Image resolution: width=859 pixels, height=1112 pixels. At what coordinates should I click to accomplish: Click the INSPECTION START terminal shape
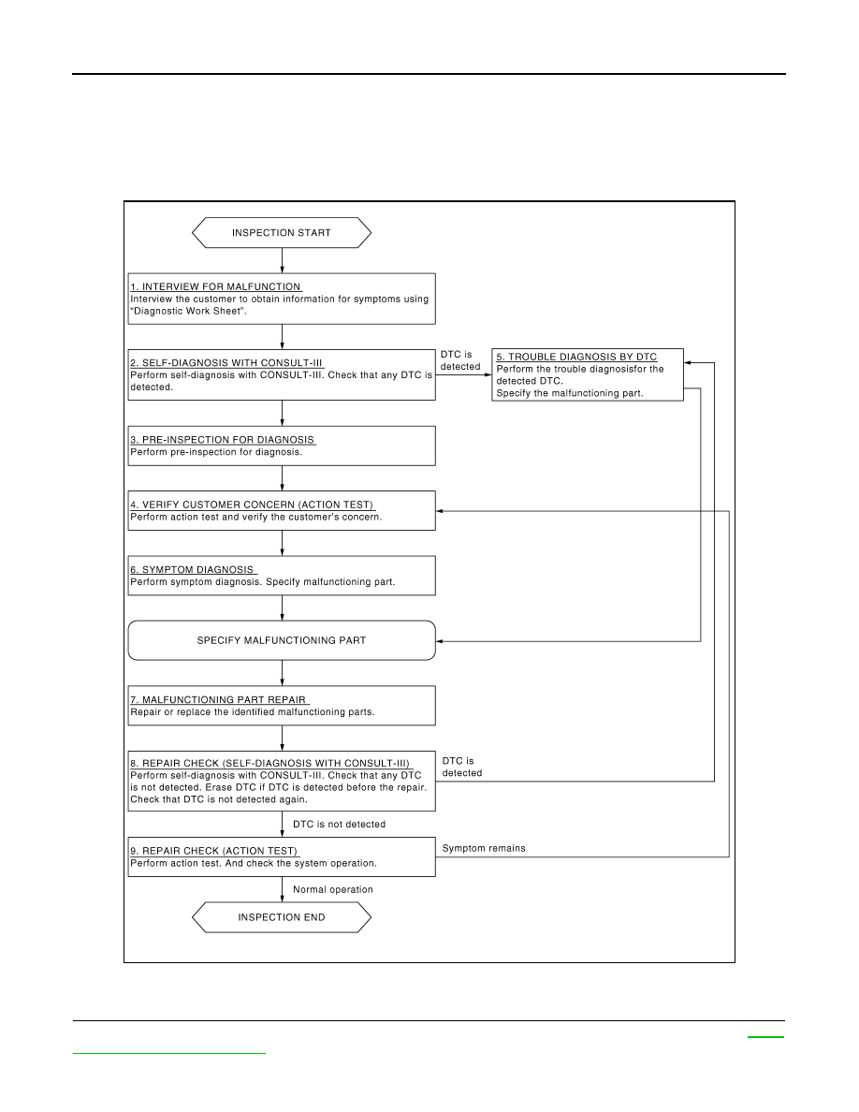282,233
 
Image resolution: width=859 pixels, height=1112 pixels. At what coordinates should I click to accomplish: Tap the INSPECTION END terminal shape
282,917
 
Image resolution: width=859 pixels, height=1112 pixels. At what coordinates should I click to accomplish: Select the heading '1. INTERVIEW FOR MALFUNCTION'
215,286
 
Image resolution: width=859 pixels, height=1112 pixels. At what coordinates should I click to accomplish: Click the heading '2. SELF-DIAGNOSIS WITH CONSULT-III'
226,362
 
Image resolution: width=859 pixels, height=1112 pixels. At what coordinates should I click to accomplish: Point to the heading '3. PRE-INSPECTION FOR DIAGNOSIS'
223,440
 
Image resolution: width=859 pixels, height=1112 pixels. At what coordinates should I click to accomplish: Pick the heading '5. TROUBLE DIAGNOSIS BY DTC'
576,357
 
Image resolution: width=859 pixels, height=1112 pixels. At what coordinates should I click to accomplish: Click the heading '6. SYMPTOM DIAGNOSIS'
192,569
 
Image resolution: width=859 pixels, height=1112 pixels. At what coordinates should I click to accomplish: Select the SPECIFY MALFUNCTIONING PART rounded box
282,640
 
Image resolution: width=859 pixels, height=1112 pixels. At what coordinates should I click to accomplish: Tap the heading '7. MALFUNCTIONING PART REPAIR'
218,699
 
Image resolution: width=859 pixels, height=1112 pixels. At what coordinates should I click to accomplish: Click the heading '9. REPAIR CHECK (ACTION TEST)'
214,851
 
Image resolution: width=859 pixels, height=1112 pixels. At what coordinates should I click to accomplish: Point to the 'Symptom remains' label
484,848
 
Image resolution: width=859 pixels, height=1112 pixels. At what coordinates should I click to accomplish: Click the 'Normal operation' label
333,889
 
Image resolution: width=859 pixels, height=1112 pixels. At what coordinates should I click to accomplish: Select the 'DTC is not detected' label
340,824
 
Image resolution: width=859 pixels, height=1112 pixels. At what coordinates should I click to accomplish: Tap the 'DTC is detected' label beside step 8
462,767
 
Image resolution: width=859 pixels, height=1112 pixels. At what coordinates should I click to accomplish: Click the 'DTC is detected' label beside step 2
460,360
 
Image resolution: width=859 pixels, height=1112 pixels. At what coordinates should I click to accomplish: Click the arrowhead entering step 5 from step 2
488,374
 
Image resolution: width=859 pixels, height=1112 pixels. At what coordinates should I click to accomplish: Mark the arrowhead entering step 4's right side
440,511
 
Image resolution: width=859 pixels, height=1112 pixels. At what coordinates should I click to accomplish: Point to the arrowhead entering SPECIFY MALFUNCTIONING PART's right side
440,641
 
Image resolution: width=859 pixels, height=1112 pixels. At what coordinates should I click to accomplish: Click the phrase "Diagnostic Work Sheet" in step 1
187,311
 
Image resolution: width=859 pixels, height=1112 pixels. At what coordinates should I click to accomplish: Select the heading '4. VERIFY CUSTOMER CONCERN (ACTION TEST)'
252,505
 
